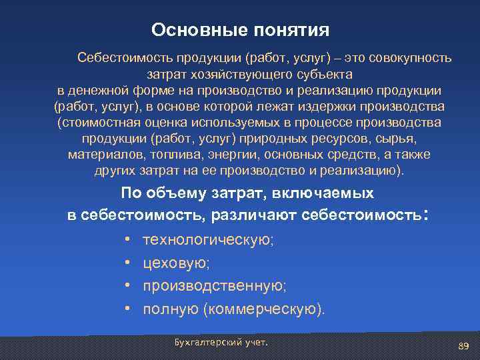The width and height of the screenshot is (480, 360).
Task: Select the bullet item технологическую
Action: click(207, 241)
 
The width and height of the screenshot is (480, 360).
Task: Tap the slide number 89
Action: click(464, 345)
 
